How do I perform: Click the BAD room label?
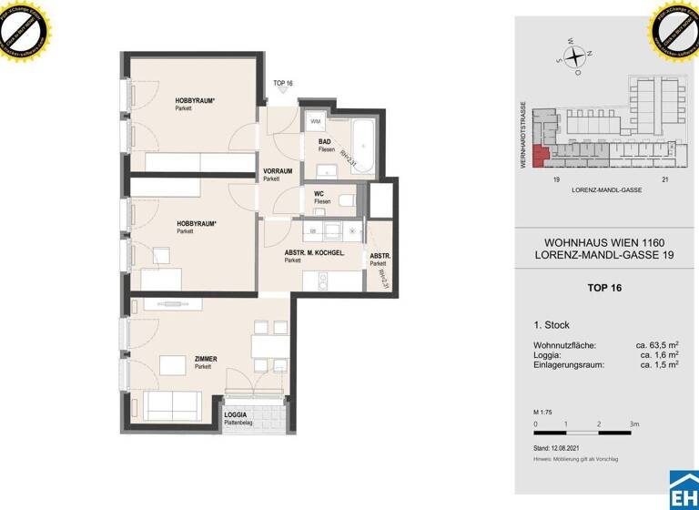pyautogui.click(x=324, y=142)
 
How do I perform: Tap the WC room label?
pyautogui.click(x=319, y=193)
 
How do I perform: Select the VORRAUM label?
pyautogui.click(x=277, y=171)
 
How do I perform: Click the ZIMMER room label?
pyautogui.click(x=206, y=359)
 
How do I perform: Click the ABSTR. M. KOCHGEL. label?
pyautogui.click(x=314, y=252)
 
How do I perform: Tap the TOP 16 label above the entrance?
pyautogui.click(x=283, y=84)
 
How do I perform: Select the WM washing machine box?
pyautogui.click(x=316, y=121)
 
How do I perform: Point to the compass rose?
pyautogui.click(x=574, y=57)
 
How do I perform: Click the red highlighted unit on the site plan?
pyautogui.click(x=541, y=157)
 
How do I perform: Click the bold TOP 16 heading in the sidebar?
pyautogui.click(x=604, y=288)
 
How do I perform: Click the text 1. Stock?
pyautogui.click(x=552, y=325)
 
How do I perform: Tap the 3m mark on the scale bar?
pyautogui.click(x=634, y=424)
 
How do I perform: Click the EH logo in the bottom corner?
pyautogui.click(x=684, y=492)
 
